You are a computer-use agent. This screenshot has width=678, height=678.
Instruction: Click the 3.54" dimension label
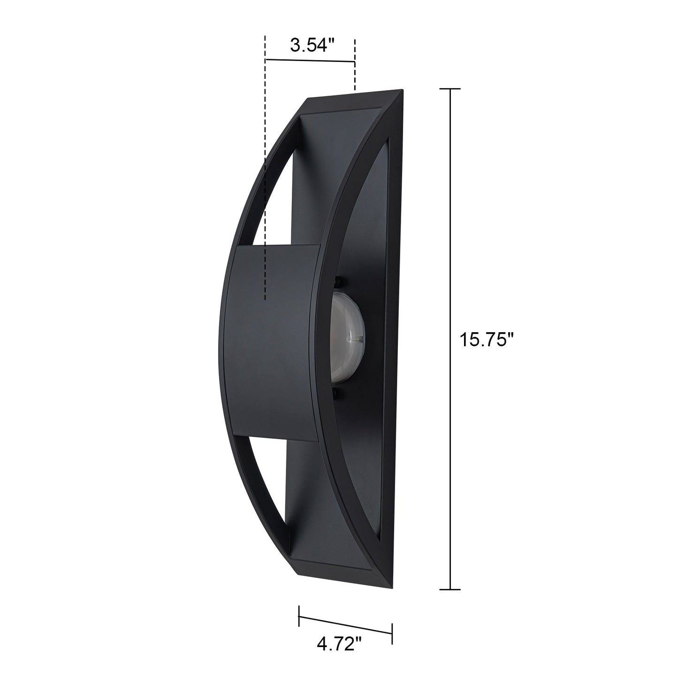pyautogui.click(x=312, y=46)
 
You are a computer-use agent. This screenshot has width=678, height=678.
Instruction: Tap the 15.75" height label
pyautogui.click(x=488, y=340)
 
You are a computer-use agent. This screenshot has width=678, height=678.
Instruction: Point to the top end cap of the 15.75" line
pyautogui.click(x=450, y=89)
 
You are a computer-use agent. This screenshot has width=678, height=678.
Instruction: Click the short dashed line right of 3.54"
pyautogui.click(x=355, y=65)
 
